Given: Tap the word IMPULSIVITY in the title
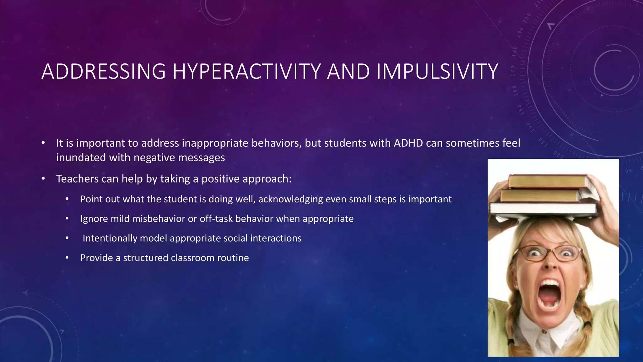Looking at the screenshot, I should tap(437, 72).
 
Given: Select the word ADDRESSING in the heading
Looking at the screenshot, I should tap(103, 72).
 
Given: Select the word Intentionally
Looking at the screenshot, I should tap(110, 238).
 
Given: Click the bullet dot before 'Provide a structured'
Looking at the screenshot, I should tap(67, 258).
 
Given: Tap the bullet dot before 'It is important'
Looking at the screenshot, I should tap(43, 143).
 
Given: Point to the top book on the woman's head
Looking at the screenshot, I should tap(548, 181).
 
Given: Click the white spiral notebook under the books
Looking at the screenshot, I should tap(543, 209).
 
